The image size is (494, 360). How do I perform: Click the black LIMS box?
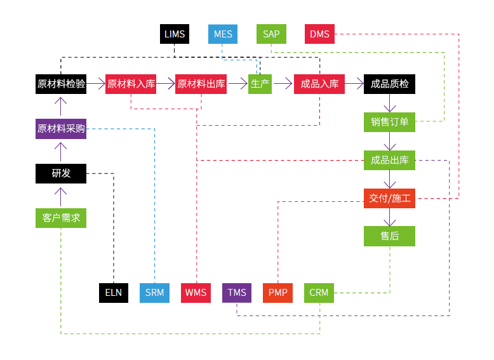tap(175, 34)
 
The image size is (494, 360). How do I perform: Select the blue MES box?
tap(223, 34)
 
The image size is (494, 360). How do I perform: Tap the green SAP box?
tap(271, 34)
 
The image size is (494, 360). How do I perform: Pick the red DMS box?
tap(319, 34)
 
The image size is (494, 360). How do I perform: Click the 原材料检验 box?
tap(61, 84)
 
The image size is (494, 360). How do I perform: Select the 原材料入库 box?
tap(131, 84)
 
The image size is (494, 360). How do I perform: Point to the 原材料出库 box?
tap(201, 84)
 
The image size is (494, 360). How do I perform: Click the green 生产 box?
tap(260, 84)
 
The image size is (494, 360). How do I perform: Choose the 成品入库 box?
tap(319, 84)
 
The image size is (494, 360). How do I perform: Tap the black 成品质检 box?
tap(389, 84)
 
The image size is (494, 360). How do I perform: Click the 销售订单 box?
tap(389, 122)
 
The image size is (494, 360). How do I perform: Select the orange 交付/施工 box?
tap(389, 198)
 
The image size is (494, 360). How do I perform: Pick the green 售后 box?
tap(389, 236)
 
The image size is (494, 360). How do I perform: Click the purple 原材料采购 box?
tap(61, 128)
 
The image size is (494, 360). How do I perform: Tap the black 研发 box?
tap(61, 173)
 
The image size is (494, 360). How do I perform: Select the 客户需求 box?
tap(61, 218)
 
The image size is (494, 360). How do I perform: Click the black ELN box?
tap(114, 293)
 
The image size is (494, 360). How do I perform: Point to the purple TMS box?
tap(237, 293)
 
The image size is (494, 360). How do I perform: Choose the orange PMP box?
tap(277, 293)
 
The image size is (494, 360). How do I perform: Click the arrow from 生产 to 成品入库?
tap(283, 84)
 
